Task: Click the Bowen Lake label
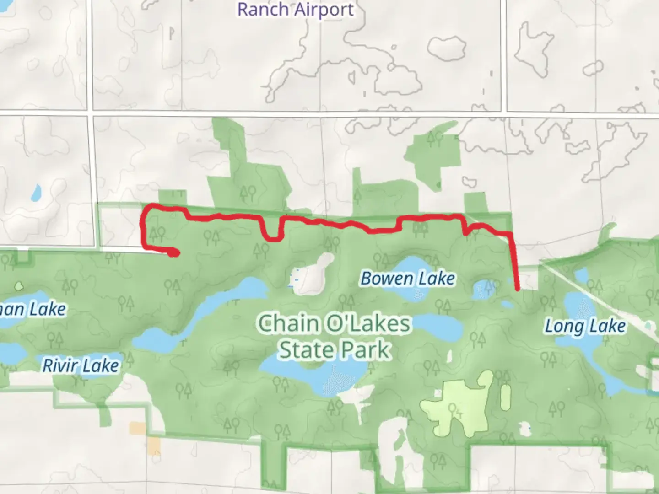click(x=408, y=279)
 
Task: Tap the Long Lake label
click(x=585, y=327)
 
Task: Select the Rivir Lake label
click(x=81, y=365)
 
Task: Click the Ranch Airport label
click(x=296, y=10)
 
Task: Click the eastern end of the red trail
click(x=518, y=288)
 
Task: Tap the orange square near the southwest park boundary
click(x=137, y=428)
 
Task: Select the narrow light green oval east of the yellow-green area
click(x=505, y=397)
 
